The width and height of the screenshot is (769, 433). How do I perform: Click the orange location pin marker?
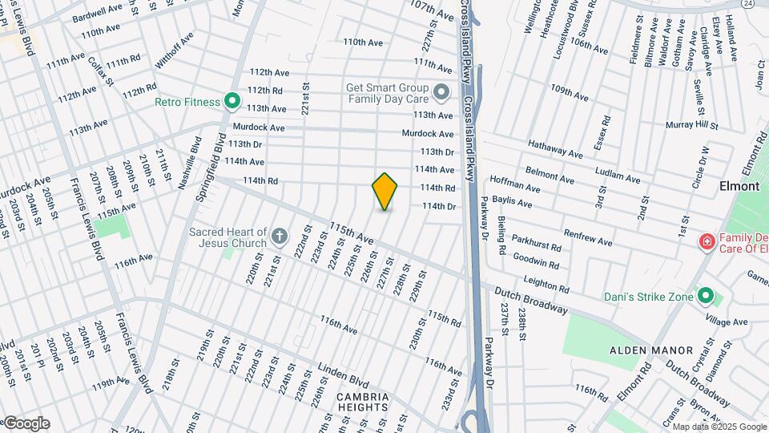pos(385,192)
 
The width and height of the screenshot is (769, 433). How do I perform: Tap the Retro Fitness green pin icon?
pos(232,102)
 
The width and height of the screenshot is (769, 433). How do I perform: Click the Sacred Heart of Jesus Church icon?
pos(279,236)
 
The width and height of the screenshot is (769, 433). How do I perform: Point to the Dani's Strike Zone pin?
pos(706,297)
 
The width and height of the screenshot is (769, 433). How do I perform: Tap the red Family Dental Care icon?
pos(707,241)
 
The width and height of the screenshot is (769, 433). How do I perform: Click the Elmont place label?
pos(738,186)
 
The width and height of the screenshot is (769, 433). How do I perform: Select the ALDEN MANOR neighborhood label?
pos(650,350)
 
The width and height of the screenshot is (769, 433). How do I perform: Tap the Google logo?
pos(26,423)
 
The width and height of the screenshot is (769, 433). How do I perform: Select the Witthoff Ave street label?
pos(175,50)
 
